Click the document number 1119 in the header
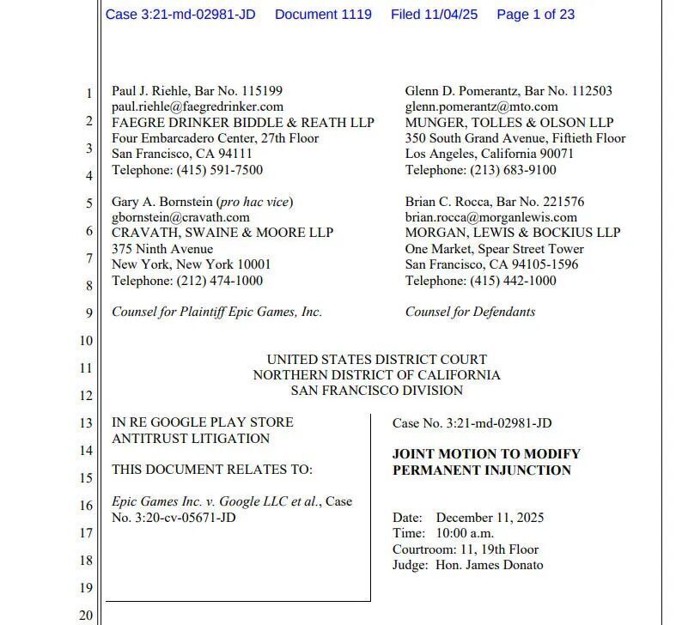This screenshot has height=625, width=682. (355, 15)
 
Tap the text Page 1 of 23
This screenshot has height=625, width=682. (535, 15)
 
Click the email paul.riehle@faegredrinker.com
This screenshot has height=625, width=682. (198, 106)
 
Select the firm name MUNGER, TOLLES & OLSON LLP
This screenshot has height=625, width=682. (509, 123)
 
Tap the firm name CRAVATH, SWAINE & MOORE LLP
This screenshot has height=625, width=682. (222, 233)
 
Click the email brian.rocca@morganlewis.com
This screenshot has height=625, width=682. (491, 217)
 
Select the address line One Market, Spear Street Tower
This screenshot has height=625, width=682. (495, 249)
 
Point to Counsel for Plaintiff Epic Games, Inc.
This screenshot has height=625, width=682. (216, 312)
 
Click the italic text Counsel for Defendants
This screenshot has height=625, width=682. (470, 312)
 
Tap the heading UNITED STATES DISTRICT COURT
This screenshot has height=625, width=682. (376, 360)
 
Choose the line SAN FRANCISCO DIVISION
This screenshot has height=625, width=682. (376, 391)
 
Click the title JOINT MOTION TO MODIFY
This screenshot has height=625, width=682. (486, 453)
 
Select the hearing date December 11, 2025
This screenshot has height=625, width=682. (490, 518)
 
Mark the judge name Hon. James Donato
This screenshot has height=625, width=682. (490, 565)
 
